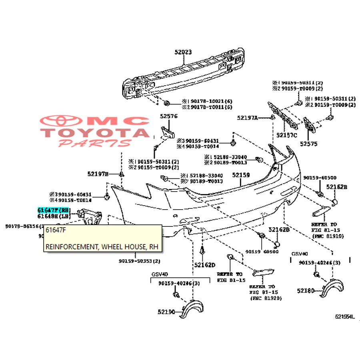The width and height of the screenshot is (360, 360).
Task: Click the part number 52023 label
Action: click(x=183, y=52)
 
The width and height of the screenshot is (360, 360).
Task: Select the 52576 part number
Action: click(x=169, y=116)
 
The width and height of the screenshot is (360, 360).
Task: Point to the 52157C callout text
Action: click(x=287, y=135)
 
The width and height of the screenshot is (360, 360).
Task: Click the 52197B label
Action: click(x=98, y=174)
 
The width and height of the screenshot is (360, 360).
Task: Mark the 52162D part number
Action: click(x=205, y=265)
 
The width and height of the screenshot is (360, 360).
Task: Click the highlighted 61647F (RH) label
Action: click(x=54, y=210)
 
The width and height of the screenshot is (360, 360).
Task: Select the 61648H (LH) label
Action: click(x=54, y=216)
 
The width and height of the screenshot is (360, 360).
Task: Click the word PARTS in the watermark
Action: click(x=95, y=143)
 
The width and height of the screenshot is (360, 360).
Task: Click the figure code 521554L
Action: click(x=345, y=316)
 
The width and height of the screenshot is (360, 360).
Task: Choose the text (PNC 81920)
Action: click(x=266, y=298)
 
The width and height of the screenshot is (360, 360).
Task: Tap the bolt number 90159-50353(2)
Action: click(x=139, y=261)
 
